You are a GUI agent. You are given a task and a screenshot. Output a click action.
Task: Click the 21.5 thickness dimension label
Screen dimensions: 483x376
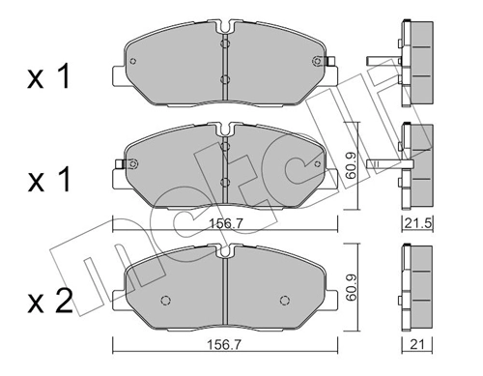[417, 223]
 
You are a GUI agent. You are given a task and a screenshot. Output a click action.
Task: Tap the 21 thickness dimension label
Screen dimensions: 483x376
[417, 345]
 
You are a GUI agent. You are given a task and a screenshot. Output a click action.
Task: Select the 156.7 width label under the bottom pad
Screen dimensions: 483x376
[224, 345]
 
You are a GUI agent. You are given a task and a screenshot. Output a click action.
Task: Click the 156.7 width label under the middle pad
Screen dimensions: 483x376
[224, 223]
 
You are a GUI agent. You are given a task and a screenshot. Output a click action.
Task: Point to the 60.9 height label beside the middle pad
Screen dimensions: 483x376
[351, 166]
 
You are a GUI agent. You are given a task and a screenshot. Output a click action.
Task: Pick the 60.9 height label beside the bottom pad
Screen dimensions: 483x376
[351, 287]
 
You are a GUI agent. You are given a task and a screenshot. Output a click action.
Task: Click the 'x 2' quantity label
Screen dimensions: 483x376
[50, 303]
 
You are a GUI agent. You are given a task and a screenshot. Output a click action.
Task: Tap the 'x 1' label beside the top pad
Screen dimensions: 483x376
[48, 76]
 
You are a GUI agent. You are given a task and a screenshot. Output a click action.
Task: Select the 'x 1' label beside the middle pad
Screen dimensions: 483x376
[48, 181]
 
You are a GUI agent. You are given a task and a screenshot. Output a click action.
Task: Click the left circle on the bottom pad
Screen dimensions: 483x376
[165, 300]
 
